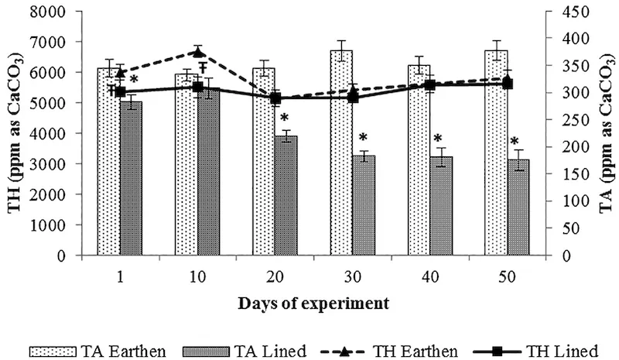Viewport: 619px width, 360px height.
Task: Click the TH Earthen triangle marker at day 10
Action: tap(197, 53)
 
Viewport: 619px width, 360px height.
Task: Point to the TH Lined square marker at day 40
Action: tap(429, 85)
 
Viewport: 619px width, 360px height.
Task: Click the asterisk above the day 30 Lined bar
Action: tap(363, 138)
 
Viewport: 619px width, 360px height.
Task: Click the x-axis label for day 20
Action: tap(275, 273)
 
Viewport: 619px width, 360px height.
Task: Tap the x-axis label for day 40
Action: tap(430, 273)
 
